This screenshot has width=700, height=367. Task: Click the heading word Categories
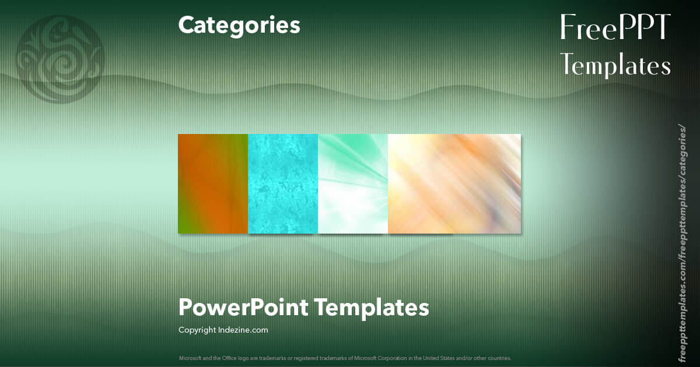tap(239, 25)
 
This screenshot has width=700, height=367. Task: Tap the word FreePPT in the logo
tap(615, 28)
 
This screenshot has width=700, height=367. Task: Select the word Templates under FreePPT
tap(616, 65)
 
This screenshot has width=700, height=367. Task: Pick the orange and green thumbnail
tap(213, 183)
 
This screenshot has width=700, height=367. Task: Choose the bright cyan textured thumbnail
tap(283, 183)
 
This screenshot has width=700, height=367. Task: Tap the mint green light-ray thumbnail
tap(353, 183)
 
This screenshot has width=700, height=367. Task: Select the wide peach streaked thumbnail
tap(454, 183)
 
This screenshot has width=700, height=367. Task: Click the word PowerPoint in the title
tap(243, 307)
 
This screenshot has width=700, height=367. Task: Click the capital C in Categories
tap(186, 25)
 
